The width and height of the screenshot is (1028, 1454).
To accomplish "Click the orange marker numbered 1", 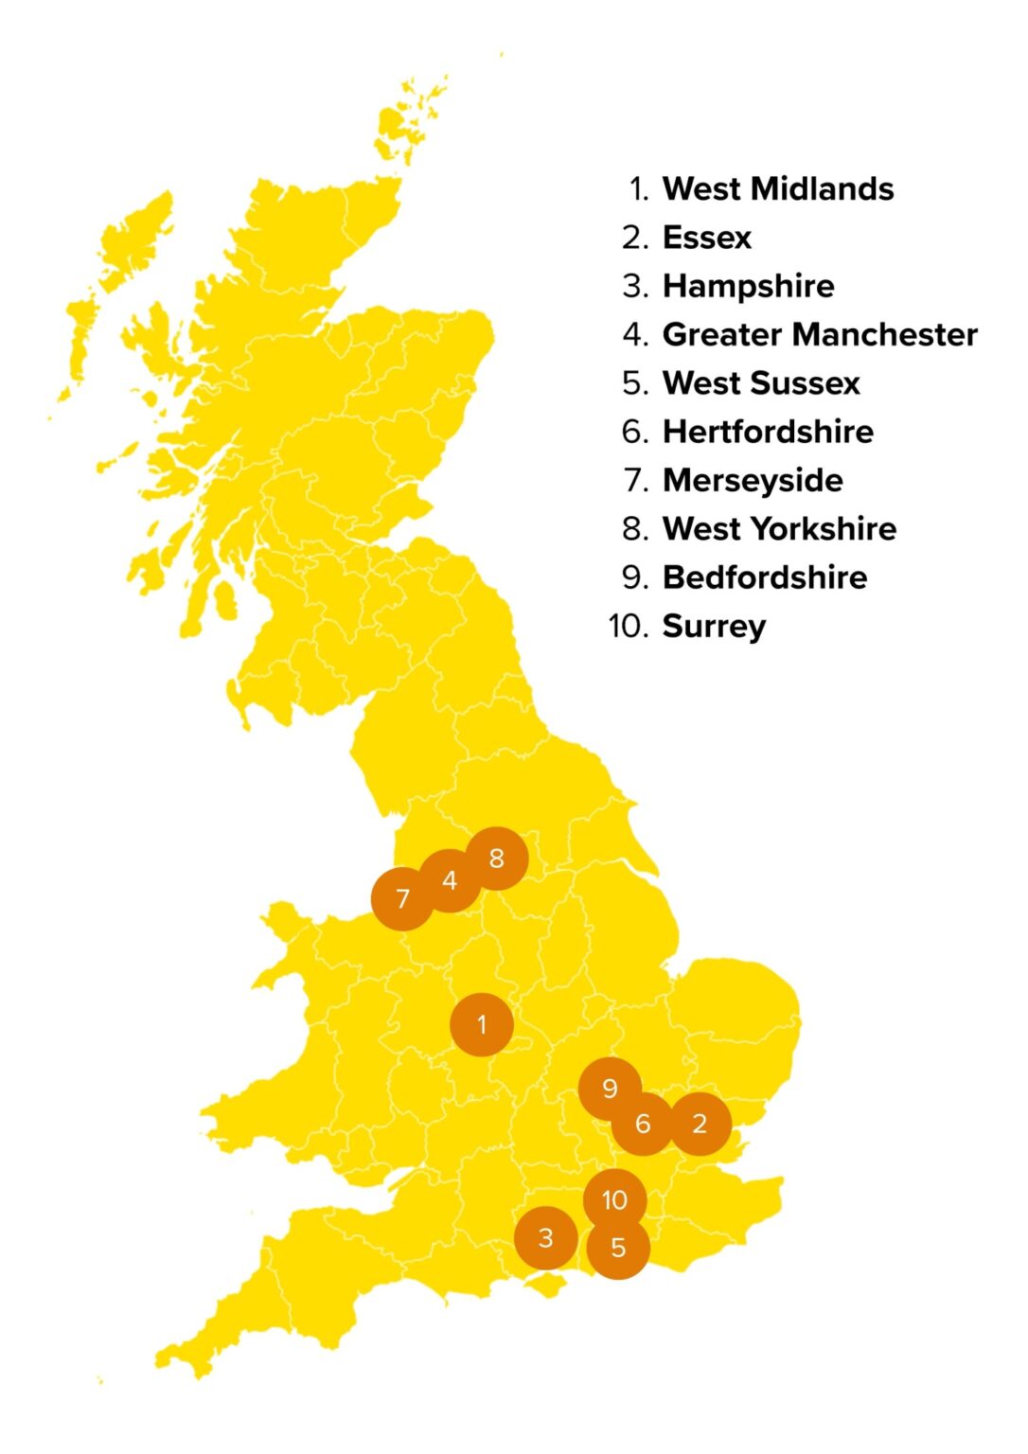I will pos(482,1024).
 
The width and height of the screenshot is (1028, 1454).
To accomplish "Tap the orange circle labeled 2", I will pos(700,1124).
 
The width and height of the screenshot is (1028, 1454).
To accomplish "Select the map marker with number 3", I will pos(545,1237).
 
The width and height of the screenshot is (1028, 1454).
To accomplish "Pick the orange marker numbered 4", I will pos(450,880).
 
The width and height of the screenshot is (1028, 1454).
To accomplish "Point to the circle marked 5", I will pos(618,1248).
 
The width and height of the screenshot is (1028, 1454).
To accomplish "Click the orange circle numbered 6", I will pos(643,1124).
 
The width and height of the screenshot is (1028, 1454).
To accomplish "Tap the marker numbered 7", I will pos(402,898).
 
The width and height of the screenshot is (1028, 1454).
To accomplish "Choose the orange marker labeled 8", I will pos(497,859).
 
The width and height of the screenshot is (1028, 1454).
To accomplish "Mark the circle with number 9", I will pos(610,1089).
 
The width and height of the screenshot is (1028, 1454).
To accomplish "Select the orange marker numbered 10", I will pos(614,1200).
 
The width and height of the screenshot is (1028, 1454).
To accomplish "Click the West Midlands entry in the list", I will pos(777,189).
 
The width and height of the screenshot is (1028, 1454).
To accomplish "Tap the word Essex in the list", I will pos(706,238).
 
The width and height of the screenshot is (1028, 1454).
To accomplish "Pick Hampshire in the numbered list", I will pos(748,286).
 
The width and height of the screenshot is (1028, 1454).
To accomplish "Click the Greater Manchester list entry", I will pos(819,334).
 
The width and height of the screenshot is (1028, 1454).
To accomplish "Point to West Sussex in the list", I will pos(761,383).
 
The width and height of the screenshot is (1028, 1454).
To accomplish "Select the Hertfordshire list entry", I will pos(768,432).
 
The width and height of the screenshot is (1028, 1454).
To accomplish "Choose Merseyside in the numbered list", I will pos(753,480).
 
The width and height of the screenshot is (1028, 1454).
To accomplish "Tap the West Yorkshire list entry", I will pos(779,528).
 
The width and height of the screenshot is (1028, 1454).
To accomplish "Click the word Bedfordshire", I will pos(765,577).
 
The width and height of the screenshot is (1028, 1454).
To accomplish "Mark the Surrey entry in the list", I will pos(714,626).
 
